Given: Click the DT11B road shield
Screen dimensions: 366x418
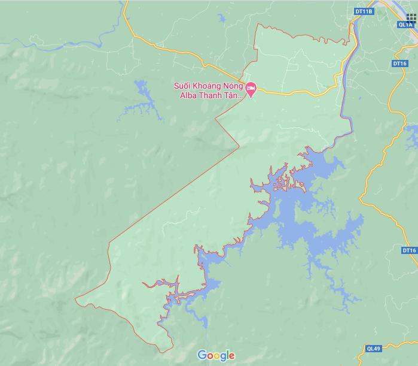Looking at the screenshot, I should point(363,11).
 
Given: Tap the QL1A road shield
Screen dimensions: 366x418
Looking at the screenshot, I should point(405,25).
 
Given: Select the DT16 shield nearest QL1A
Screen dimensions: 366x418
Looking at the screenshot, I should point(400,63).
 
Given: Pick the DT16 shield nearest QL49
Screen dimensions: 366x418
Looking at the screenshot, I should point(409,250).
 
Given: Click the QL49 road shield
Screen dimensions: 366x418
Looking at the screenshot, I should point(373,348).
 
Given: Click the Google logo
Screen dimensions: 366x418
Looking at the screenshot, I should point(216,355).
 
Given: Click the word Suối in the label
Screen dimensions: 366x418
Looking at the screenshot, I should point(182,86).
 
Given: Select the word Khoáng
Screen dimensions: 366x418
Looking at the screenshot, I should point(209,86).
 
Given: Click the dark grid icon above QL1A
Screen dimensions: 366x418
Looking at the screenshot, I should point(411,17).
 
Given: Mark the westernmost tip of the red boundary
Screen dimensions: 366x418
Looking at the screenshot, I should point(75,298).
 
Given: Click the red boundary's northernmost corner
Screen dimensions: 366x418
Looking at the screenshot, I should point(258,24).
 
